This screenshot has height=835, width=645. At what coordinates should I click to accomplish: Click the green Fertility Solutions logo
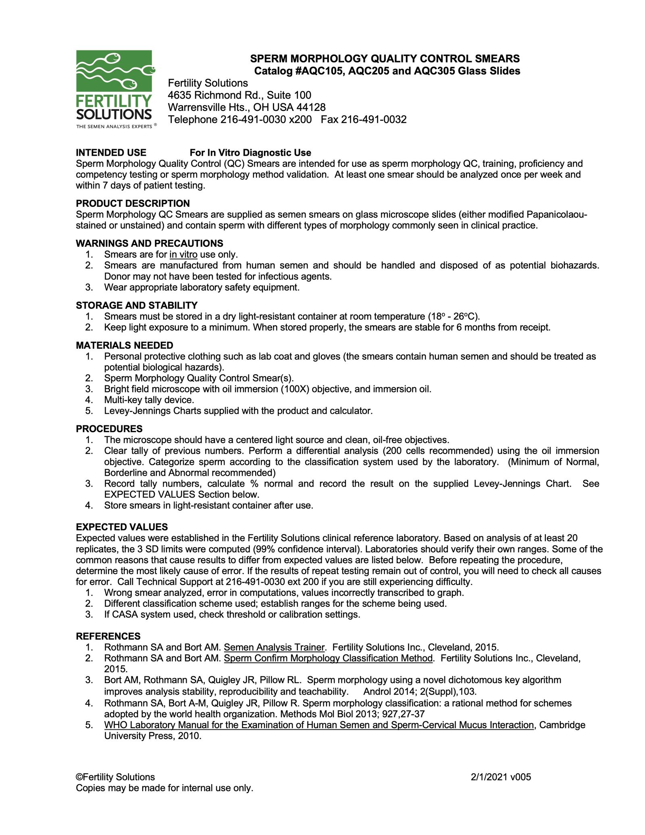[114, 89]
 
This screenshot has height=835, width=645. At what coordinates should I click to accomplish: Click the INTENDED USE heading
[111, 153]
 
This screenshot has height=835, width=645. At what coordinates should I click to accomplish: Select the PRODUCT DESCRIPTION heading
[133, 204]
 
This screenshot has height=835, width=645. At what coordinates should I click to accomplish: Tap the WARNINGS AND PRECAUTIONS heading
[149, 244]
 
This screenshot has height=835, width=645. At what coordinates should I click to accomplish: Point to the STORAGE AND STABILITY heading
[137, 305]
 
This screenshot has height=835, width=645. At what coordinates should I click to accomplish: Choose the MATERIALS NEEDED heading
[125, 346]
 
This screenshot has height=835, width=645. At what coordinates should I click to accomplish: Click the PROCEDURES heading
[109, 429]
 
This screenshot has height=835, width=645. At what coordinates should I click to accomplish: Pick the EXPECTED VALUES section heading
[122, 527]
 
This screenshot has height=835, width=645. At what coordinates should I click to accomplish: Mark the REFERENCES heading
[108, 636]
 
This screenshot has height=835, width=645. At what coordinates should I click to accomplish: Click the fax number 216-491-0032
[374, 120]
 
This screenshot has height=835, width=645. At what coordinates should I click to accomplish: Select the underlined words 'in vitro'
[183, 255]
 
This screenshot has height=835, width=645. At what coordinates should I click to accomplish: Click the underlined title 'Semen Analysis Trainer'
[274, 648]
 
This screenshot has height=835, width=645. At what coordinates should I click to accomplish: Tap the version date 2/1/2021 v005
[501, 777]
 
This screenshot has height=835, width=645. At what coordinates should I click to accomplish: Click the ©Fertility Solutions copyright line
[115, 777]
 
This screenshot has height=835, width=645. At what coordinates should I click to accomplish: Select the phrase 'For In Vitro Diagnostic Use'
[250, 153]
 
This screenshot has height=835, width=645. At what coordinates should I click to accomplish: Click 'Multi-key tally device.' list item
[149, 400]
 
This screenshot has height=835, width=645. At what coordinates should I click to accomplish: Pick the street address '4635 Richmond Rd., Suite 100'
[239, 95]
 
